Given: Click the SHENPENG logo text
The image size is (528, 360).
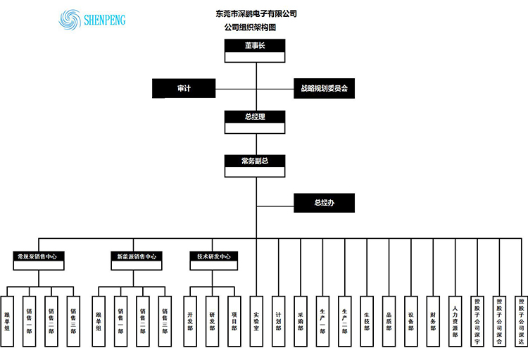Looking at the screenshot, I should [x=103, y=20].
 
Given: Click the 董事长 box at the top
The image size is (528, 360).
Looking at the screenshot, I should [x=255, y=46].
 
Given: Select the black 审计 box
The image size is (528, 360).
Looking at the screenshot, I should [x=184, y=89].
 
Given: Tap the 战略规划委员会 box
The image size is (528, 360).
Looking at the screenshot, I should [x=324, y=89].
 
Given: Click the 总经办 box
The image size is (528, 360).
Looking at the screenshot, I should [x=324, y=203].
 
